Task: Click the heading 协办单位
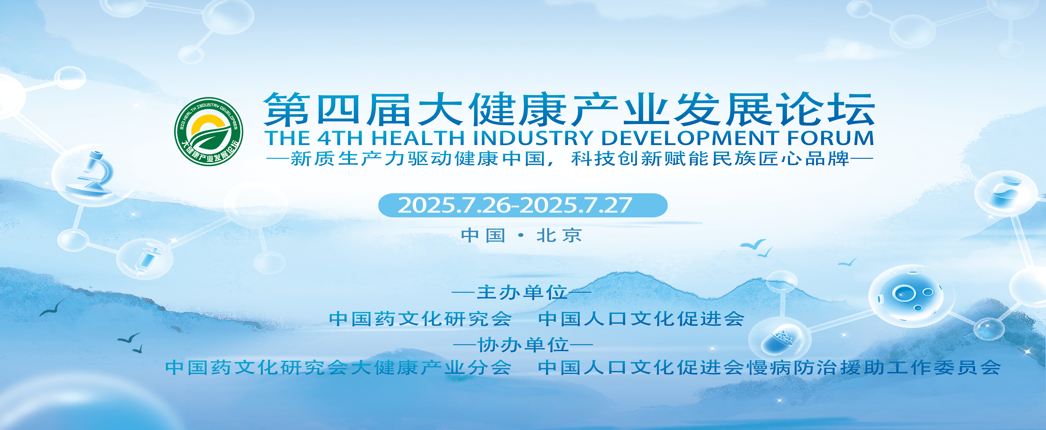523,345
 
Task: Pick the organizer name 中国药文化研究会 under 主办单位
420,319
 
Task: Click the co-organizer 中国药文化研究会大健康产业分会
338,367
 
